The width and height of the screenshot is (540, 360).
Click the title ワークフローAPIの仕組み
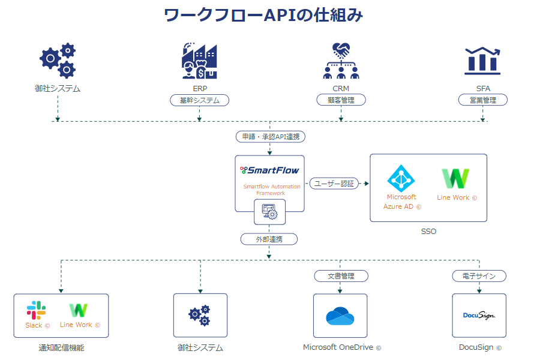[x=263, y=15]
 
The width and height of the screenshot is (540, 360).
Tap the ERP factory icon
[x=199, y=61]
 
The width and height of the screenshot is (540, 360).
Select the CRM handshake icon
[x=341, y=61]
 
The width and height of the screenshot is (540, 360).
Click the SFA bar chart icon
[x=483, y=60]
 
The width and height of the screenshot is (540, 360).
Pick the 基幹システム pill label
[x=200, y=100]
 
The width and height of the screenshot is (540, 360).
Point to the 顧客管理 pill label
[x=341, y=100]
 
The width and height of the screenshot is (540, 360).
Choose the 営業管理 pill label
[x=483, y=100]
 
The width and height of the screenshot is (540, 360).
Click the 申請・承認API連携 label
[x=270, y=137]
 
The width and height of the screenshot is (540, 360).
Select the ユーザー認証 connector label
[x=334, y=184]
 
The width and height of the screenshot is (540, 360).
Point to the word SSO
[x=428, y=231]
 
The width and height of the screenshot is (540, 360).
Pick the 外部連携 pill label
[x=269, y=239]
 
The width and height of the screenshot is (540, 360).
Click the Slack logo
[x=36, y=310]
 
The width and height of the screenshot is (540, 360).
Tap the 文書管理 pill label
[x=341, y=276]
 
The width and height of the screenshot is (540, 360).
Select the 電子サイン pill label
[x=479, y=276]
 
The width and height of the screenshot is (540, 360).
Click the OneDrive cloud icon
[x=341, y=316]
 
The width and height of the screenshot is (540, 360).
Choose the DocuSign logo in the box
[x=479, y=315]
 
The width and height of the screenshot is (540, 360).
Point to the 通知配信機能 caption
[x=61, y=347]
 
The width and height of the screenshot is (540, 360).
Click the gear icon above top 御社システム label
[x=58, y=61]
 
